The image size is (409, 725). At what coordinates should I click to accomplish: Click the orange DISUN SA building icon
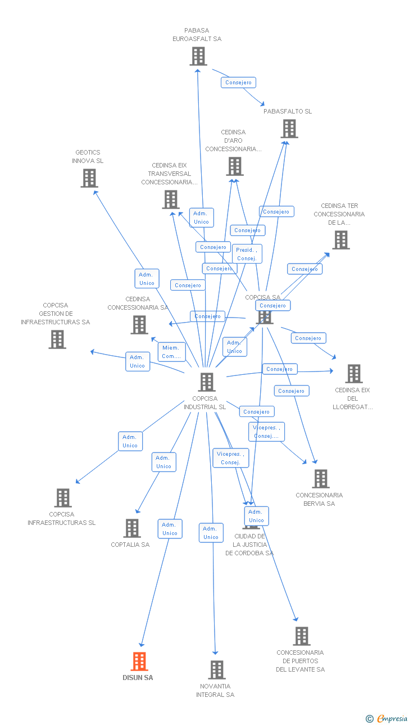[x=139, y=661]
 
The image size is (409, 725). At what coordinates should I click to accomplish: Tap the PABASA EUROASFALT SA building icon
[x=198, y=56]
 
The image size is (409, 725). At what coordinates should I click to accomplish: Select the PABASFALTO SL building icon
[x=289, y=129]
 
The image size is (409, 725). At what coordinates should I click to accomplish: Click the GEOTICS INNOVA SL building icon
[x=89, y=178]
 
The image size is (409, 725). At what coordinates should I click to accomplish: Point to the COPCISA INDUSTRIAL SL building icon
[x=207, y=382]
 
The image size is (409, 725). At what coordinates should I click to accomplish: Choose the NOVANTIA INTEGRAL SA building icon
[x=217, y=670]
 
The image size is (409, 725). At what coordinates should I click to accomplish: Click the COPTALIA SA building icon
[x=132, y=528]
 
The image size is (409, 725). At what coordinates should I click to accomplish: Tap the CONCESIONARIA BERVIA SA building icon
[x=320, y=479]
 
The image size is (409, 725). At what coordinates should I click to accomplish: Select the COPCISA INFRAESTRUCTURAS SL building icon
[x=63, y=498]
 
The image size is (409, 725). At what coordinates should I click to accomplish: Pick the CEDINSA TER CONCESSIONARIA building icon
[x=340, y=240]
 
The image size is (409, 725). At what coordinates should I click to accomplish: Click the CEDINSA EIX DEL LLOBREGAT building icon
[x=353, y=374]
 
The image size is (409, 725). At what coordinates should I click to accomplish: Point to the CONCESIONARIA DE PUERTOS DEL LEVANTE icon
[x=302, y=636]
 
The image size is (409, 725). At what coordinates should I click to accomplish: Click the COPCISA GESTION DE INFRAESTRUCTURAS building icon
[x=57, y=339]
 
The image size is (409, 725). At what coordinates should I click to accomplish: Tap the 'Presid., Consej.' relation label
[x=247, y=254]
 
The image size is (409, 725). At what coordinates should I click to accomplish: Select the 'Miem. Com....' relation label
[x=172, y=352]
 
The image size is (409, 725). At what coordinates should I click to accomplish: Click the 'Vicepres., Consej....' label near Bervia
[x=266, y=432]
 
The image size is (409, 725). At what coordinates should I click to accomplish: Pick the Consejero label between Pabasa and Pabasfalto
[x=238, y=83]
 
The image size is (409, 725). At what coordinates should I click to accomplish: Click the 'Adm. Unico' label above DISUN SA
[x=170, y=529]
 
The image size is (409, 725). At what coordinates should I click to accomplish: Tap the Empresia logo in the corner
[x=387, y=718]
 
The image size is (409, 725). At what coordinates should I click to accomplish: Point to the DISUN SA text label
[x=138, y=678]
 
